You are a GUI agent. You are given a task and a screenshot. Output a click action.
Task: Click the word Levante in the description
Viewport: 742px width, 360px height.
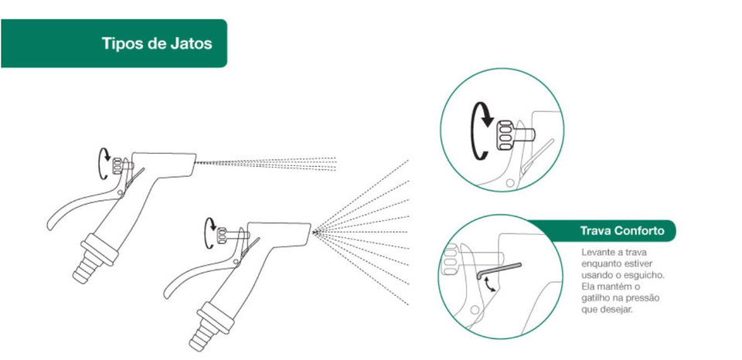(598, 253)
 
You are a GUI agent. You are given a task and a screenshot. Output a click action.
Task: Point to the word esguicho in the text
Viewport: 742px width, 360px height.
(645, 276)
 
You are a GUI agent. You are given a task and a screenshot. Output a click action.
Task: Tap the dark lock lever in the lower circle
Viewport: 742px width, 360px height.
(499, 270)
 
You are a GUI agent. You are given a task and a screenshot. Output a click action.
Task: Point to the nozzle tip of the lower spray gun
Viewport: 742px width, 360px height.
(313, 229)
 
